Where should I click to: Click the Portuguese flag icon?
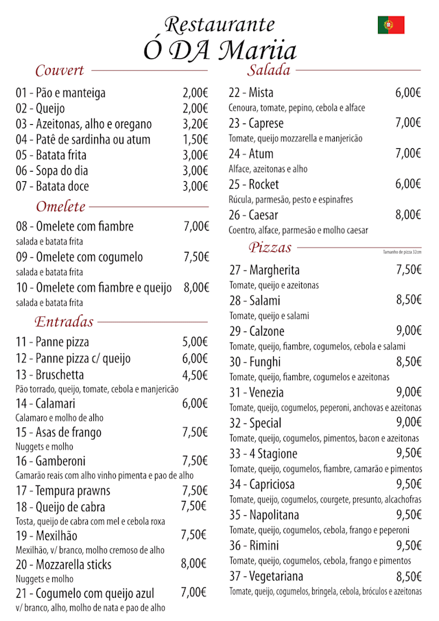coord(391,25)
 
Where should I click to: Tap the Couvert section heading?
coord(60,70)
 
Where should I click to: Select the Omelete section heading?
coord(60,207)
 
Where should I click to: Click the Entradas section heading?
coord(64,322)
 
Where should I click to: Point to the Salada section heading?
coord(269,70)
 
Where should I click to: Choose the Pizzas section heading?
coord(270,248)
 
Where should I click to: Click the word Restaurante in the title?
coord(219,25)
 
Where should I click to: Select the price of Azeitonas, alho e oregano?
coord(195,124)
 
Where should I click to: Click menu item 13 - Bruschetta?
coord(50,375)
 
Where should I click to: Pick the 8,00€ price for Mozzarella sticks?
coord(193,564)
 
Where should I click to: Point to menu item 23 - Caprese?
coord(256,124)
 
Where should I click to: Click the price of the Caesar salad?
coord(407,215)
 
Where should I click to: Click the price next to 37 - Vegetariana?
coord(408,576)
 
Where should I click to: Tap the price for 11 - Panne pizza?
coord(195,342)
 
